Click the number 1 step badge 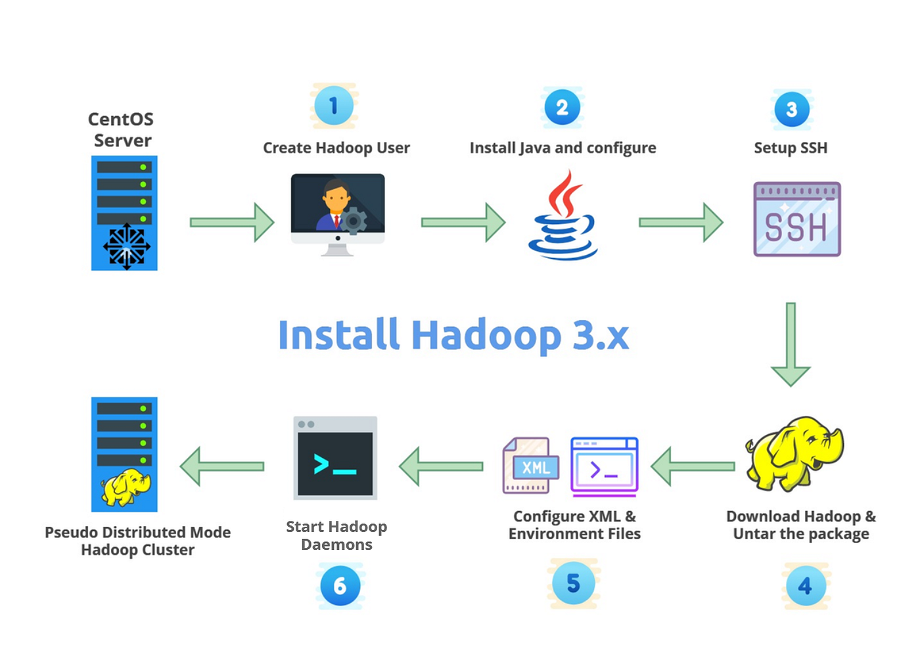point(334,106)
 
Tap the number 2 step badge point(562,107)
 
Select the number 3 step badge point(791,109)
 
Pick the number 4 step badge point(805,585)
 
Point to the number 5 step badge point(573,583)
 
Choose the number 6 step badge point(340,585)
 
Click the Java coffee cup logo point(563,216)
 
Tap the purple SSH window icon point(796,219)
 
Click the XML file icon point(530,466)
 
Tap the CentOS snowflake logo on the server point(126,246)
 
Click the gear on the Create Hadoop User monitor point(354,221)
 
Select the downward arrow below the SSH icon point(791,344)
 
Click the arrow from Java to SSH point(681,223)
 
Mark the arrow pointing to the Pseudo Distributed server point(222,466)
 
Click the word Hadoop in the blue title point(486,336)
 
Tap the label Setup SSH point(791,148)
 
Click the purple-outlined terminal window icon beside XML point(604,466)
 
